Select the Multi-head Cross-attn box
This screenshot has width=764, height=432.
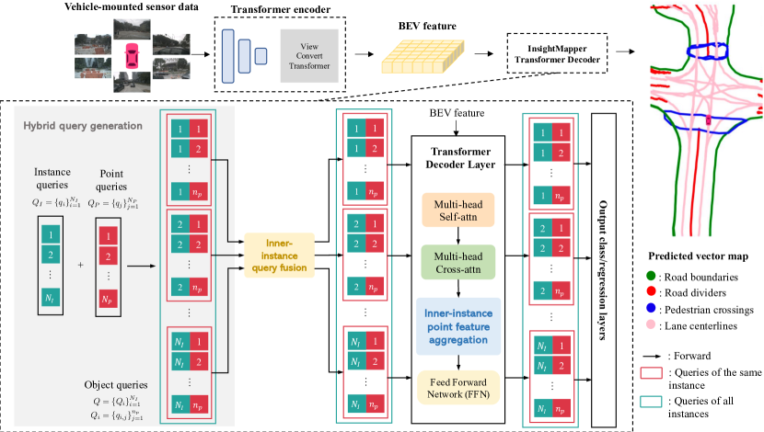click(457, 262)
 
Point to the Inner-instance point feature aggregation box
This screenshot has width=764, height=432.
click(457, 325)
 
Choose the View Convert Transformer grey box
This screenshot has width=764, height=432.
click(306, 54)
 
